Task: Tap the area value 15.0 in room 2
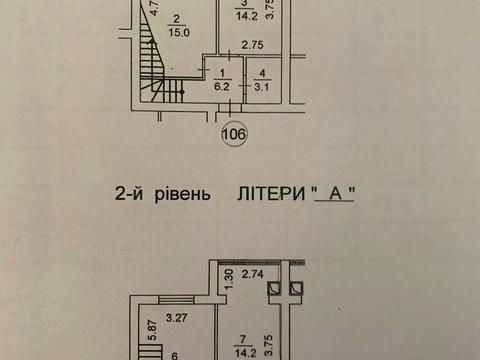(175, 30)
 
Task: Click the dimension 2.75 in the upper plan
(251, 45)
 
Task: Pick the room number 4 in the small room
(262, 74)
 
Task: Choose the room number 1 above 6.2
(220, 74)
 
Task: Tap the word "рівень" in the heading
(182, 197)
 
